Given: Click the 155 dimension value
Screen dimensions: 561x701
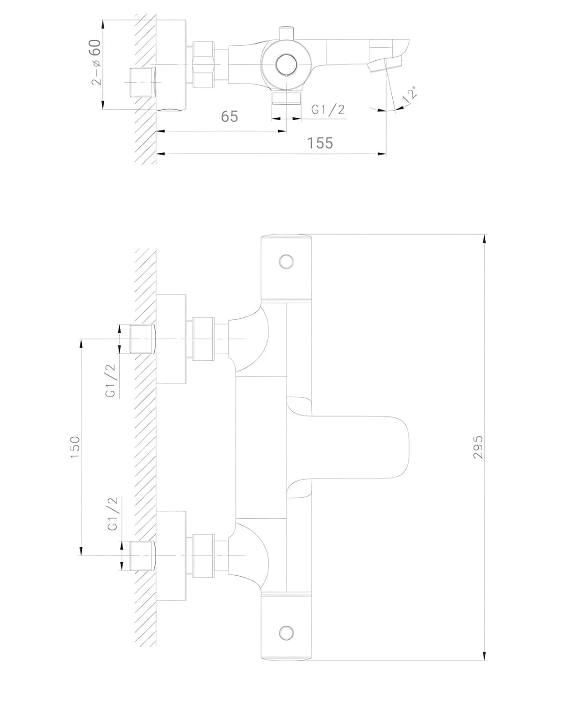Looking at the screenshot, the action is pos(320,143).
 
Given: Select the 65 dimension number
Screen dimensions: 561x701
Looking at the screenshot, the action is pos(230,117).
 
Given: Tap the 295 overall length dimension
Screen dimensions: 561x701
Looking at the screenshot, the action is pos(478,447).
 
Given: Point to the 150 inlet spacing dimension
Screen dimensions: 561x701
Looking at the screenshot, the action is pos(75,447).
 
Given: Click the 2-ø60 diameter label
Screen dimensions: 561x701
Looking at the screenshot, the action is pos(96,62).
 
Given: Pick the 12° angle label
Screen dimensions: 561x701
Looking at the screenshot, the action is pos(410,95).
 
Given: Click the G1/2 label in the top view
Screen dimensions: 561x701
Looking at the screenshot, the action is pos(328,110).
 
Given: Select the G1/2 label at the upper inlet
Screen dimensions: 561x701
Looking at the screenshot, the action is pos(111,380).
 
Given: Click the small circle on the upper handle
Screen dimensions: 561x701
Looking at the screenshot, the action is pos(286,262).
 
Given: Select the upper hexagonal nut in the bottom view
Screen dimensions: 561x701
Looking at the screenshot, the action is pos(203,339).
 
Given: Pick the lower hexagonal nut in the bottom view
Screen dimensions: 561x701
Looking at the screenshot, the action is pos(203,556).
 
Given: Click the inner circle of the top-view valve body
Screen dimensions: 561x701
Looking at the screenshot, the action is pos(286,64).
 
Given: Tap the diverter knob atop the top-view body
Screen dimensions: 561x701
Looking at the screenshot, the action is pos(286,34).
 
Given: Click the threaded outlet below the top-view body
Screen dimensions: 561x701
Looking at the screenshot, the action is pos(286,98).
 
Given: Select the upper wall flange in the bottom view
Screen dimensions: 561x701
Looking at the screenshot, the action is pos(171,339).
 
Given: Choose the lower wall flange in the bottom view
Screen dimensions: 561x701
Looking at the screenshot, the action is pos(171,555).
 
